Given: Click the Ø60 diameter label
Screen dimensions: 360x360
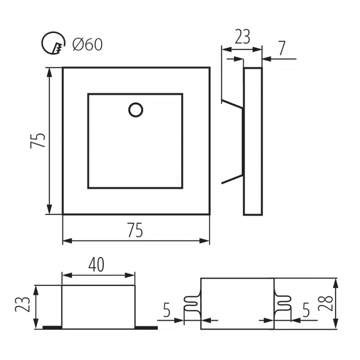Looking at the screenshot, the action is (87, 45).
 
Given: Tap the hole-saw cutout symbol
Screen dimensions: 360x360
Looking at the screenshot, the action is (53, 43).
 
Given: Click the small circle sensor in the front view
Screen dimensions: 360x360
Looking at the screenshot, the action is (136, 110).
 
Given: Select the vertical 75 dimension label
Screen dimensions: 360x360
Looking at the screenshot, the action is (37, 140).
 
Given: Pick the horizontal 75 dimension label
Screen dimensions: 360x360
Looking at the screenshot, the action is (135, 230).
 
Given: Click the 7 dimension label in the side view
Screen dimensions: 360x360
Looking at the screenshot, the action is (282, 48).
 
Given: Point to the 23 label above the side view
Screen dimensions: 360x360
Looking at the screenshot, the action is (242, 37).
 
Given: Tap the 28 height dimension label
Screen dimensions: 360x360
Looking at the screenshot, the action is (325, 303).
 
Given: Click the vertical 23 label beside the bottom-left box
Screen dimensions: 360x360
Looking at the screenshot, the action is (22, 304).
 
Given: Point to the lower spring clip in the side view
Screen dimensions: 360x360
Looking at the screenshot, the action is (232, 179).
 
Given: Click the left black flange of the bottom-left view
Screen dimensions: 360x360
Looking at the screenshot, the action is (52, 328).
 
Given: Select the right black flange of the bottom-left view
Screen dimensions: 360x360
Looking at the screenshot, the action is (146, 328).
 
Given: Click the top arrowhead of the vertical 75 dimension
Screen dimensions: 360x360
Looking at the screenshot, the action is (49, 72).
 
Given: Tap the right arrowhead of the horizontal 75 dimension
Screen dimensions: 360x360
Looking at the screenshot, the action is (205, 241).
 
